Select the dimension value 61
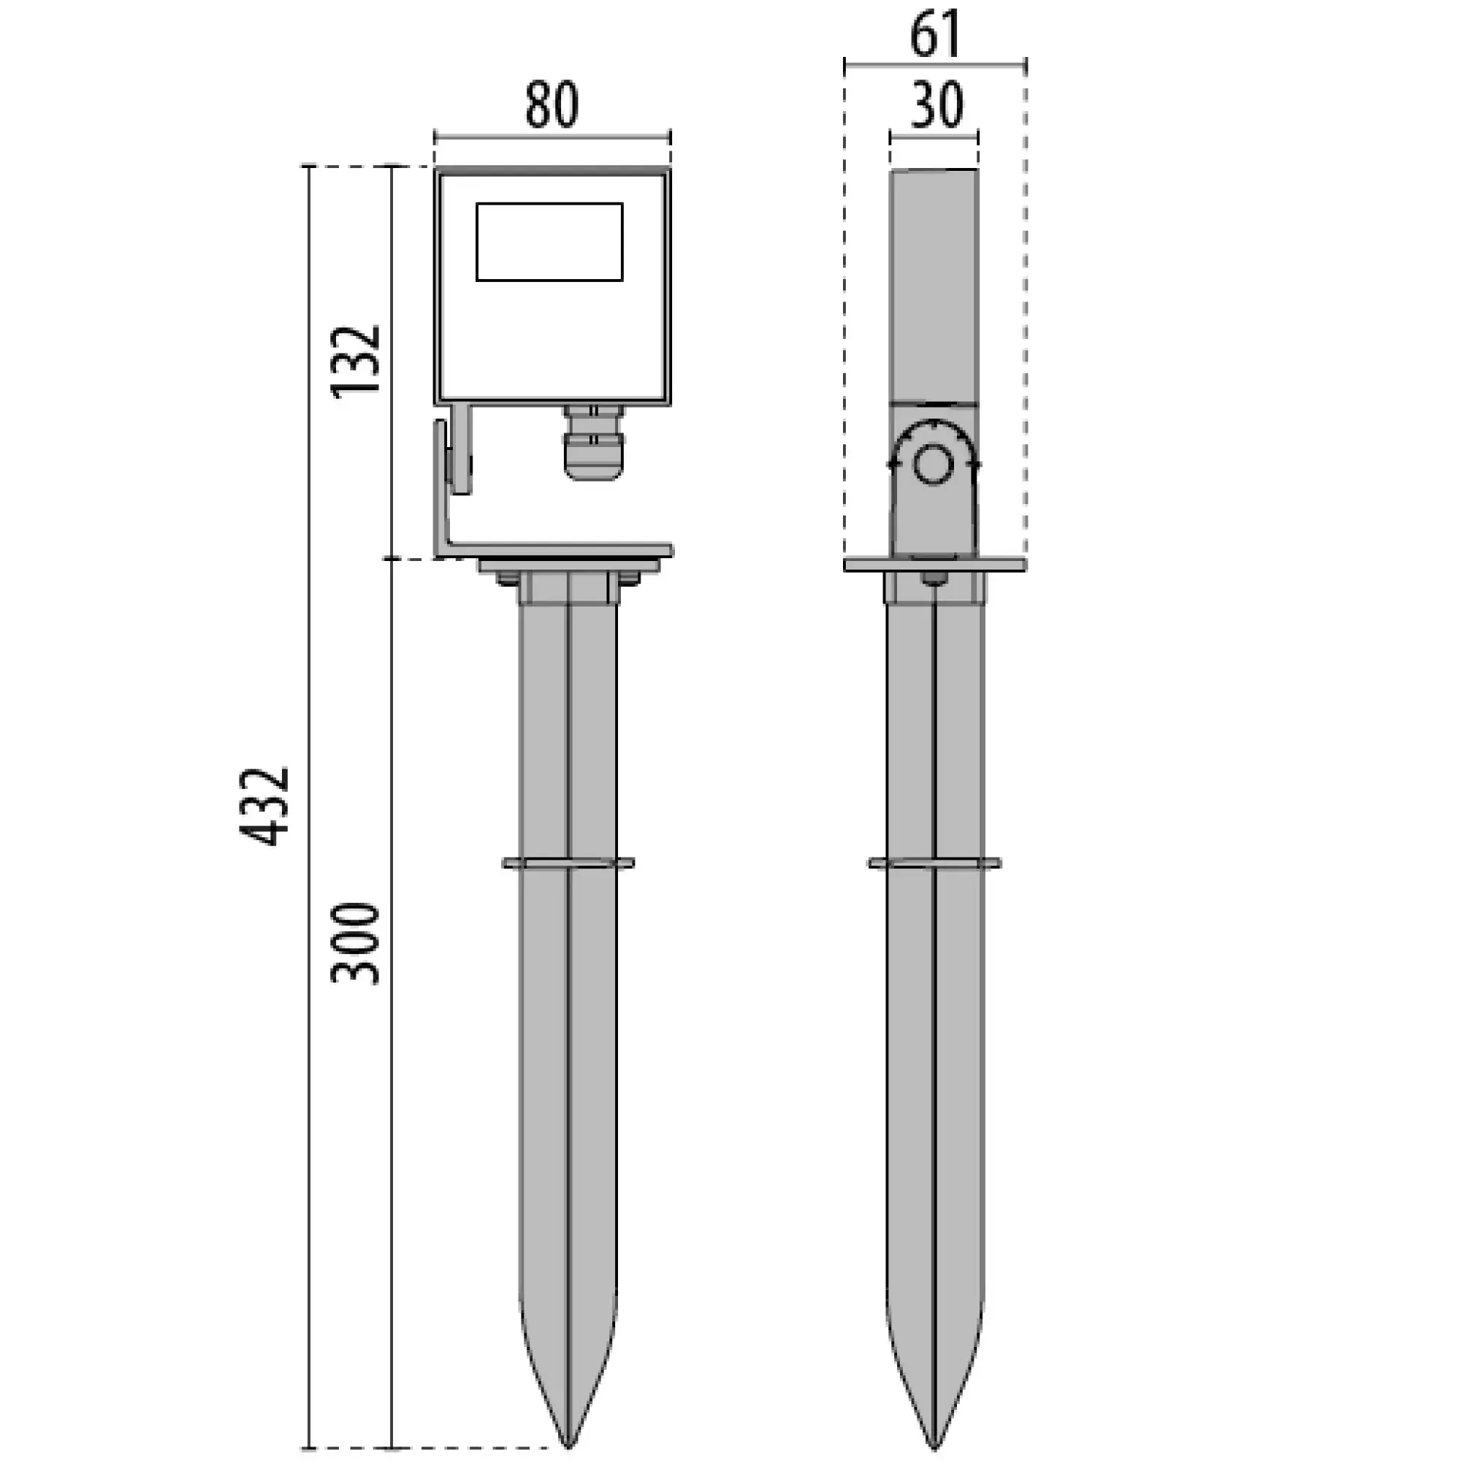click(935, 34)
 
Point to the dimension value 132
click(355, 361)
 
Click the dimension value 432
click(264, 806)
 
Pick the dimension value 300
click(355, 942)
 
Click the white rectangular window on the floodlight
click(549, 241)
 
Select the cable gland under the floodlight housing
click(593, 442)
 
